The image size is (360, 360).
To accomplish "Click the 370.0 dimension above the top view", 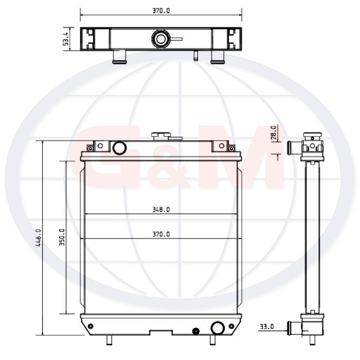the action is pos(161,11).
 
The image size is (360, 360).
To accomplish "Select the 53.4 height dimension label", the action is pos(66,39).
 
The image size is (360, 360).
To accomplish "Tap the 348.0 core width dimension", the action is pos(161,209).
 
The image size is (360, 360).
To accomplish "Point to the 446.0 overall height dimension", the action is pos(39,238).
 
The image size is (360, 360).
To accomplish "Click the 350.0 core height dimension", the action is pos(62,237).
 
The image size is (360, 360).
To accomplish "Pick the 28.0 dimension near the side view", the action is pos(274,133).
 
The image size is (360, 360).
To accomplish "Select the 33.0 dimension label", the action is pos(267,326).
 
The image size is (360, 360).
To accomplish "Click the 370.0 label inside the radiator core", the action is pos(161,234).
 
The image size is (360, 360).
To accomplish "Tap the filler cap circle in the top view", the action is pos(160,39).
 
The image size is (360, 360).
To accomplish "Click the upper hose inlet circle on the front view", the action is pos(119,148).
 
